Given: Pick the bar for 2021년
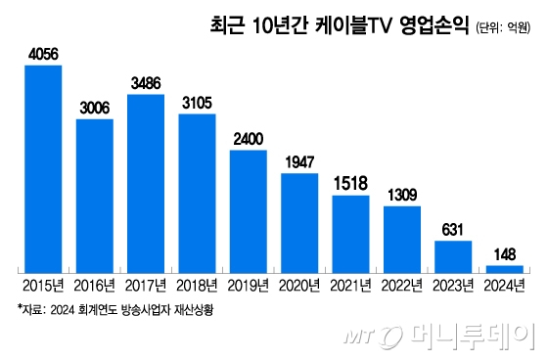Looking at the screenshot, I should pyautogui.click(x=350, y=233).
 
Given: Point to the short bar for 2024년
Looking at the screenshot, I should pyautogui.click(x=505, y=268).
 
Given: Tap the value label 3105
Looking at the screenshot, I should pyautogui.click(x=197, y=105).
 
